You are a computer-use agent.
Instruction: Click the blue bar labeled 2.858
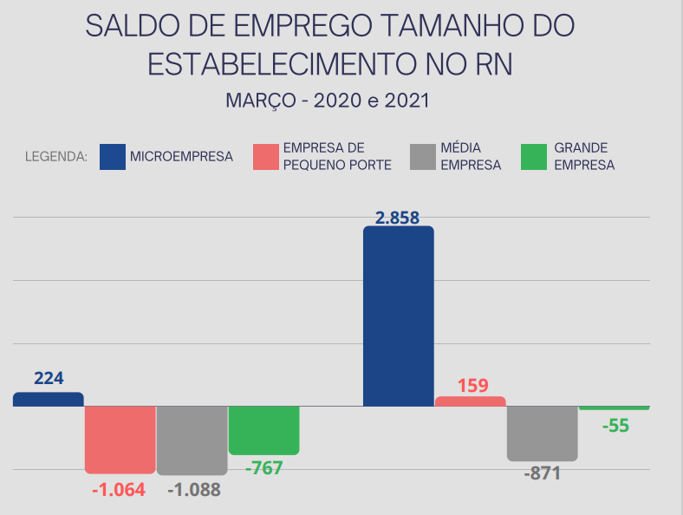click(x=398, y=316)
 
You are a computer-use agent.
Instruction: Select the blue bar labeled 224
click(x=49, y=400)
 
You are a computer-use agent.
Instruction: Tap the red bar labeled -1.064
click(x=120, y=439)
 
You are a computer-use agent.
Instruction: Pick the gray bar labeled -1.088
click(x=192, y=440)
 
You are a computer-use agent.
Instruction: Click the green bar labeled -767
click(x=263, y=430)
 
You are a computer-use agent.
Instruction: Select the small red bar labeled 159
click(x=470, y=401)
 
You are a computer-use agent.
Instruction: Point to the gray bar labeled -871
click(x=542, y=433)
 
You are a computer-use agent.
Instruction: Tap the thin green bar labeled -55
click(x=614, y=407)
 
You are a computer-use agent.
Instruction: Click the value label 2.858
click(x=398, y=218)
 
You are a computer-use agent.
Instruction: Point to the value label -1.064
click(x=119, y=489)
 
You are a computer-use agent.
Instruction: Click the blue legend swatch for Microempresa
click(x=112, y=157)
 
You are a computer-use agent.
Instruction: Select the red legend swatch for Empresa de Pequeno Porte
click(x=265, y=157)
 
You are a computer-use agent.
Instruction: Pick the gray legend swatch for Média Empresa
click(x=421, y=157)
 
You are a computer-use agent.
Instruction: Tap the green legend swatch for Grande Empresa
click(x=534, y=157)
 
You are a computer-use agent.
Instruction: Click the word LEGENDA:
click(x=55, y=158)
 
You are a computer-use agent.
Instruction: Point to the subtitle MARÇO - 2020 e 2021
click(x=328, y=101)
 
